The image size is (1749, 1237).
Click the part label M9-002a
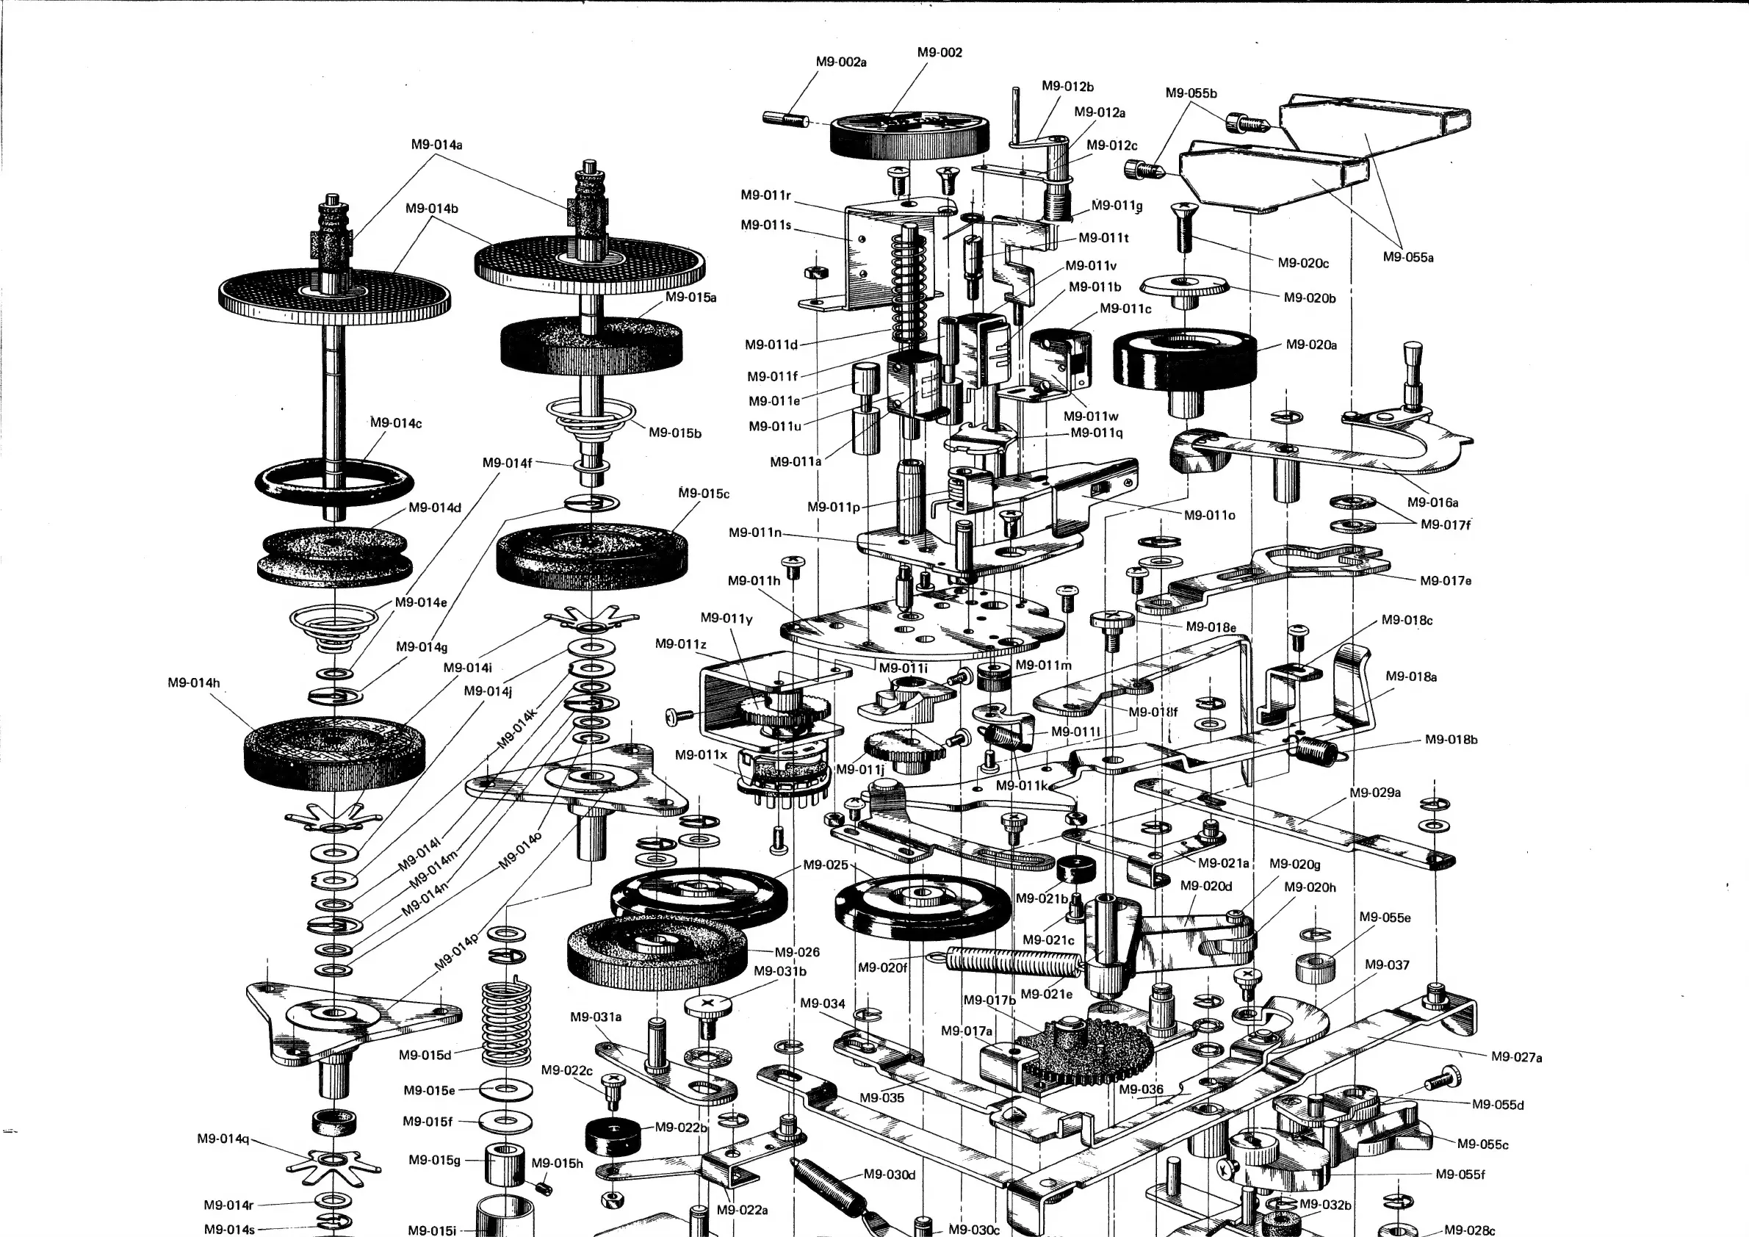[841, 62]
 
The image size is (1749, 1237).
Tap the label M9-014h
[193, 683]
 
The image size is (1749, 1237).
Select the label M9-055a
[1407, 257]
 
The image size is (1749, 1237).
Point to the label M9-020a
[1311, 345]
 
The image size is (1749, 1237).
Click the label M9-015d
[425, 1056]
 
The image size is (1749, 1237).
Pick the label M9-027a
[1516, 1057]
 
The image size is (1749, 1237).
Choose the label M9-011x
[701, 755]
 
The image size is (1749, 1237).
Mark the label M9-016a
[1432, 502]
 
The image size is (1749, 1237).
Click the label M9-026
[797, 952]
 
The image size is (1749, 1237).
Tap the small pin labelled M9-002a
[785, 120]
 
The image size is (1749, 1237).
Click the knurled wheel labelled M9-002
[909, 137]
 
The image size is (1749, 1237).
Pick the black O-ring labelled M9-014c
[333, 481]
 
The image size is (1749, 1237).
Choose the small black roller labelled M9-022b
[613, 1136]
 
